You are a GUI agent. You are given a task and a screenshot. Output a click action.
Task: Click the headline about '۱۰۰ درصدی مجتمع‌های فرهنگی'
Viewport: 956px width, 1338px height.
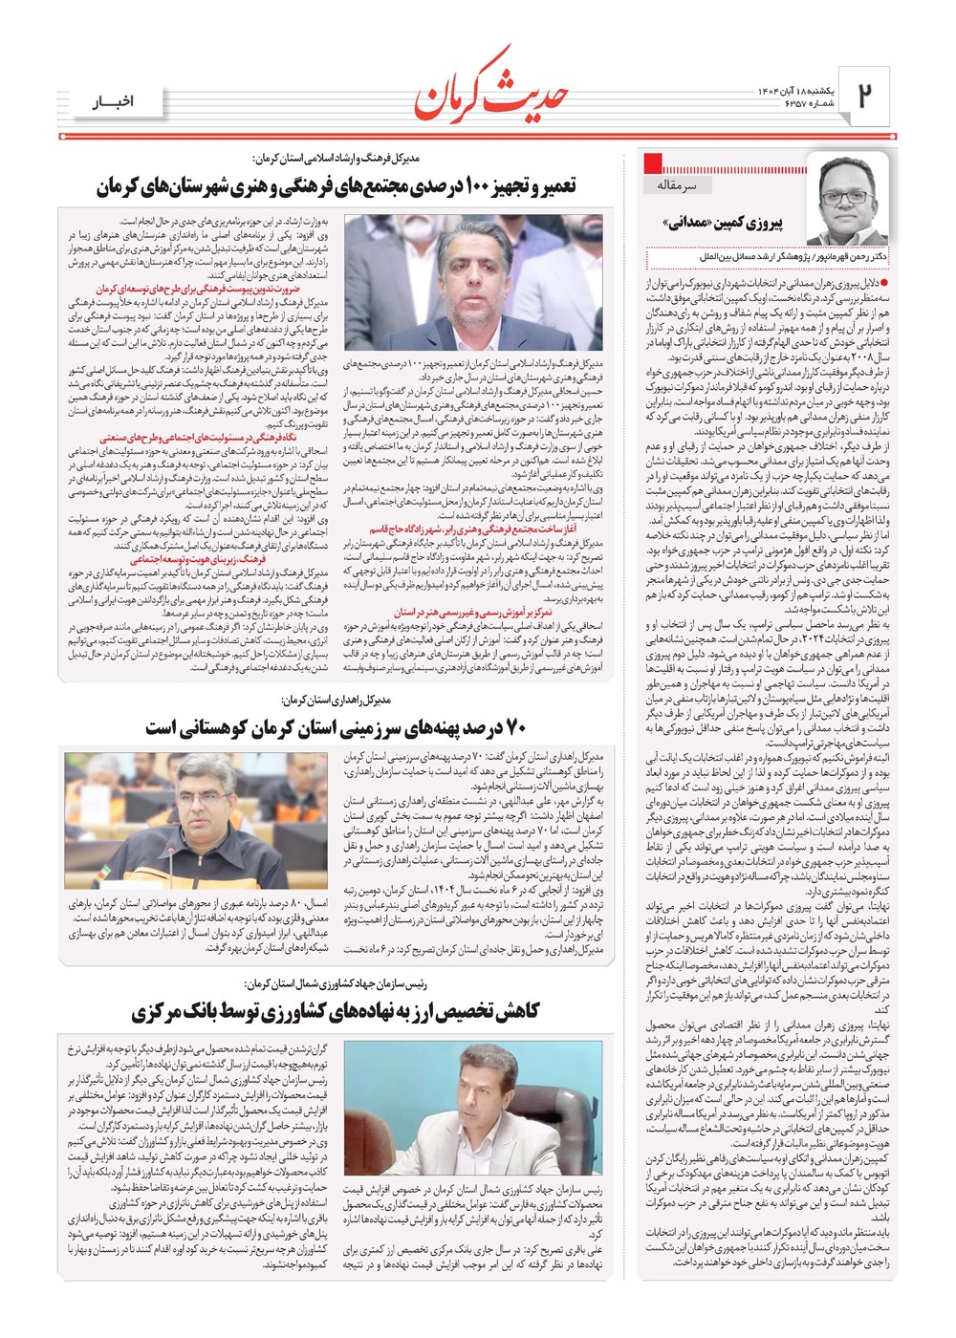coord(336,186)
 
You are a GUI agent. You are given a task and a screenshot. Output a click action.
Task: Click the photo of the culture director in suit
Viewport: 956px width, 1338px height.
coord(474,283)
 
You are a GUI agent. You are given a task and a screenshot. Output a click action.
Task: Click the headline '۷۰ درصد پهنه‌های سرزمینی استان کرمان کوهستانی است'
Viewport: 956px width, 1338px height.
coord(336,728)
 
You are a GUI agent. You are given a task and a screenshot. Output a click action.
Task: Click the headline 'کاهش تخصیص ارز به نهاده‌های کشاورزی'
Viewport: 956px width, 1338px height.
coord(336,1011)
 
